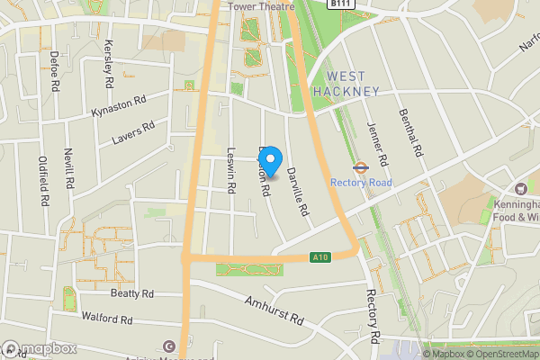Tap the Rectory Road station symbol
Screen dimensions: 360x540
click(x=357, y=166)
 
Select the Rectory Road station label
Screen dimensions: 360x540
click(x=361, y=182)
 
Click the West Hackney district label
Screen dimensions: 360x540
click(x=346, y=84)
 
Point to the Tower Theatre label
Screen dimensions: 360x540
click(x=261, y=5)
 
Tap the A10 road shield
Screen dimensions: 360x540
click(x=319, y=256)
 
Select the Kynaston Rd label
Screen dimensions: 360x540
click(x=118, y=106)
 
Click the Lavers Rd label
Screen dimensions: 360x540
click(x=134, y=133)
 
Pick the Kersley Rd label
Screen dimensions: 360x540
click(x=108, y=62)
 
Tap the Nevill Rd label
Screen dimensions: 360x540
click(x=68, y=170)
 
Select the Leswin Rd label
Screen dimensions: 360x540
click(x=231, y=170)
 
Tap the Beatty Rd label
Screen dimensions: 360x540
click(x=132, y=293)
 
